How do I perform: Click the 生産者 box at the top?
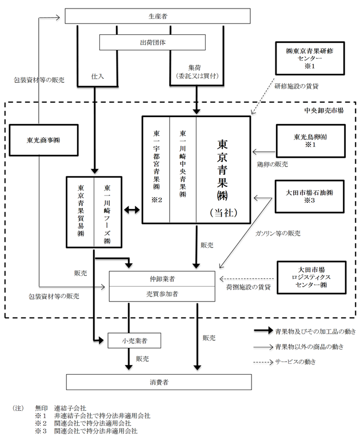click(x=158, y=16)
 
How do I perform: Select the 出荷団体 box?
click(x=153, y=42)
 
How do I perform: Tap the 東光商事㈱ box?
click(x=43, y=140)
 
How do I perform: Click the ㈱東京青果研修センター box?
click(x=310, y=58)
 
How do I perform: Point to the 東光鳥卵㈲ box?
click(x=310, y=141)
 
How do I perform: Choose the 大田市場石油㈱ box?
click(x=309, y=197)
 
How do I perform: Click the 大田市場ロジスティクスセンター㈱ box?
click(x=311, y=278)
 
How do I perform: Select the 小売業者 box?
click(x=134, y=340)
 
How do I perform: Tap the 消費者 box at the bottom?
click(x=159, y=382)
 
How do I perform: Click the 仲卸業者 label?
click(x=162, y=279)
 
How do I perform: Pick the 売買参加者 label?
click(x=162, y=294)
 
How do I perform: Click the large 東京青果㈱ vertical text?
click(x=222, y=170)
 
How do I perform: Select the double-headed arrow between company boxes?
click(x=132, y=210)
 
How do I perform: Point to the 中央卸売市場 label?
click(x=324, y=110)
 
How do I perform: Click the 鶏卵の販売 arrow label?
click(x=273, y=165)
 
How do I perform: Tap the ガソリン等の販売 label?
click(x=278, y=233)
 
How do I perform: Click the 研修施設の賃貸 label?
click(x=297, y=86)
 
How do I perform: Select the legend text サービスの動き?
click(x=295, y=362)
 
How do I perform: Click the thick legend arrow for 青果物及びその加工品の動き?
click(x=263, y=331)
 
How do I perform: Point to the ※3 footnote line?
click(x=86, y=431)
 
